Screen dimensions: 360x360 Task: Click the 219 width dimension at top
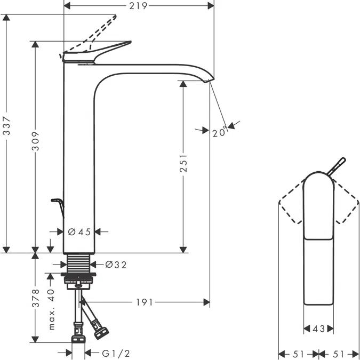pyautogui.click(x=139, y=5)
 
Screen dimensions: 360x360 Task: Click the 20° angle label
pyautogui.click(x=219, y=133)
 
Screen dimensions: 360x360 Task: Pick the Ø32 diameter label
pyautogui.click(x=116, y=265)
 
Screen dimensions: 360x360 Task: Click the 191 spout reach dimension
pyautogui.click(x=143, y=302)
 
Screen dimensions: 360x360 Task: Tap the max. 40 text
pyautogui.click(x=52, y=309)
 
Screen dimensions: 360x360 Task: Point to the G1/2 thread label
pyautogui.click(x=116, y=353)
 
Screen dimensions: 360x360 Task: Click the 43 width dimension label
pyautogui.click(x=319, y=329)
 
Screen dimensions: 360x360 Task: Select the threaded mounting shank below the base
pyautogui.click(x=79, y=263)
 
